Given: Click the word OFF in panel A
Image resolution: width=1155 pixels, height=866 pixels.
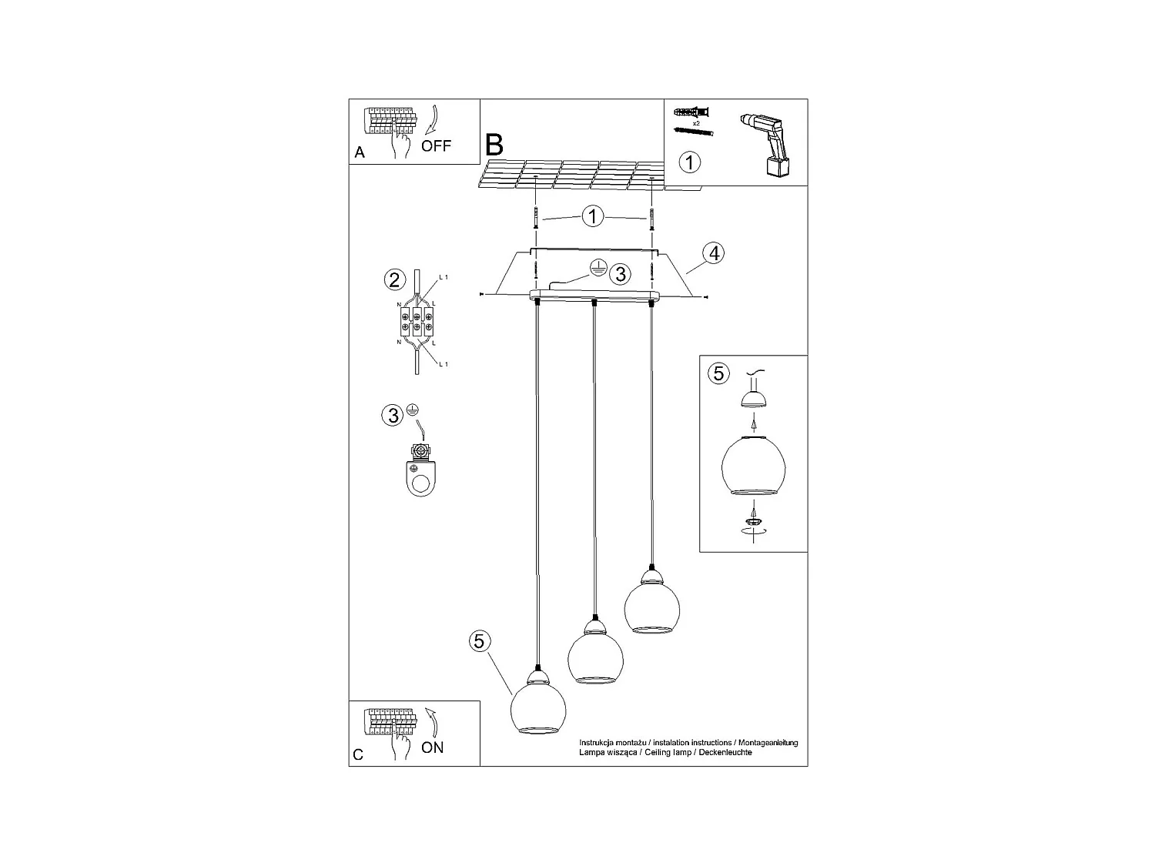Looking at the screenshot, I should pyautogui.click(x=436, y=145).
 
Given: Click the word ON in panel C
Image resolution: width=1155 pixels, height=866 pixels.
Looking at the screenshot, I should pyautogui.click(x=433, y=747).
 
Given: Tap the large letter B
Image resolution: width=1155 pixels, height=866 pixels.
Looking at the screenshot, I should pyautogui.click(x=494, y=144).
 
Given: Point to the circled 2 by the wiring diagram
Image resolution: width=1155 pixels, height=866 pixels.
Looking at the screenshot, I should pyautogui.click(x=394, y=279).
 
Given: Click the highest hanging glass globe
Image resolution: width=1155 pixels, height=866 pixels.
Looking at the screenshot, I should pyautogui.click(x=651, y=608).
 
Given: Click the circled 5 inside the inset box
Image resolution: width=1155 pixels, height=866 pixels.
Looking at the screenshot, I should pyautogui.click(x=718, y=373).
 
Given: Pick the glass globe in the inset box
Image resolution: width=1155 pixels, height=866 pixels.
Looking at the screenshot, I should pyautogui.click(x=753, y=466).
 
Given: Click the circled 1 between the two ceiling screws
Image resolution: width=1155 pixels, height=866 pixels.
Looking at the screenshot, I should pyautogui.click(x=592, y=216).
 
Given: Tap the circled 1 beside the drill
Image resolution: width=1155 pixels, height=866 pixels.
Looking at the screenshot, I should pyautogui.click(x=691, y=162).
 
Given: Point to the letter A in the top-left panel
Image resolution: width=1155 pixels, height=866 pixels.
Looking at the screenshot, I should pyautogui.click(x=360, y=152).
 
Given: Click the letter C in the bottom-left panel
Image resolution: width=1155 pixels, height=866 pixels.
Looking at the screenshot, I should pyautogui.click(x=358, y=755).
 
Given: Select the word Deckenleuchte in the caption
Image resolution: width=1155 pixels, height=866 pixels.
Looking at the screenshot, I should pyautogui.click(x=725, y=752).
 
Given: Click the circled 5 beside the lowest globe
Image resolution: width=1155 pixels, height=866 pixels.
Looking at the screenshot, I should pyautogui.click(x=479, y=640).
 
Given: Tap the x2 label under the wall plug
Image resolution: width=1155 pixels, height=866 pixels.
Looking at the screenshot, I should pyautogui.click(x=696, y=123).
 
